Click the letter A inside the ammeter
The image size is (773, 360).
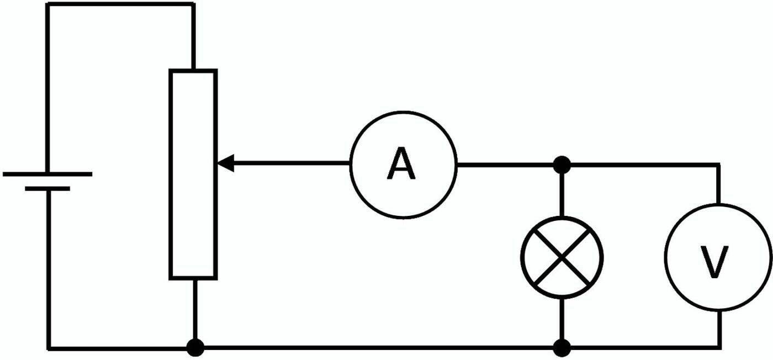tap(401, 165)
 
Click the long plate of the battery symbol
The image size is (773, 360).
tap(47, 174)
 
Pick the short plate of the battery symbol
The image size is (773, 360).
tap(47, 189)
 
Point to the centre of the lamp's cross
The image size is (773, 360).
tap(562, 257)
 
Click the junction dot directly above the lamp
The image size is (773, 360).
tap(562, 164)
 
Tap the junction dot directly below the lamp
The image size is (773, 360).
tap(562, 348)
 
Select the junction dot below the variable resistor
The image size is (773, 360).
tap(194, 348)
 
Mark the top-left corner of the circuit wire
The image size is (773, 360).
tap(48, 4)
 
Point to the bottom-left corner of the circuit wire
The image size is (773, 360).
tap(49, 348)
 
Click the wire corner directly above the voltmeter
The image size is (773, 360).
tap(719, 165)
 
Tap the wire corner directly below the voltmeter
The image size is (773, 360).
tap(719, 348)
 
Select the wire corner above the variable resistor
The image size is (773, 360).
tap(193, 4)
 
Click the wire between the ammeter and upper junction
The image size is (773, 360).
tap(508, 164)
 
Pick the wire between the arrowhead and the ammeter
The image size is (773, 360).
tap(293, 163)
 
